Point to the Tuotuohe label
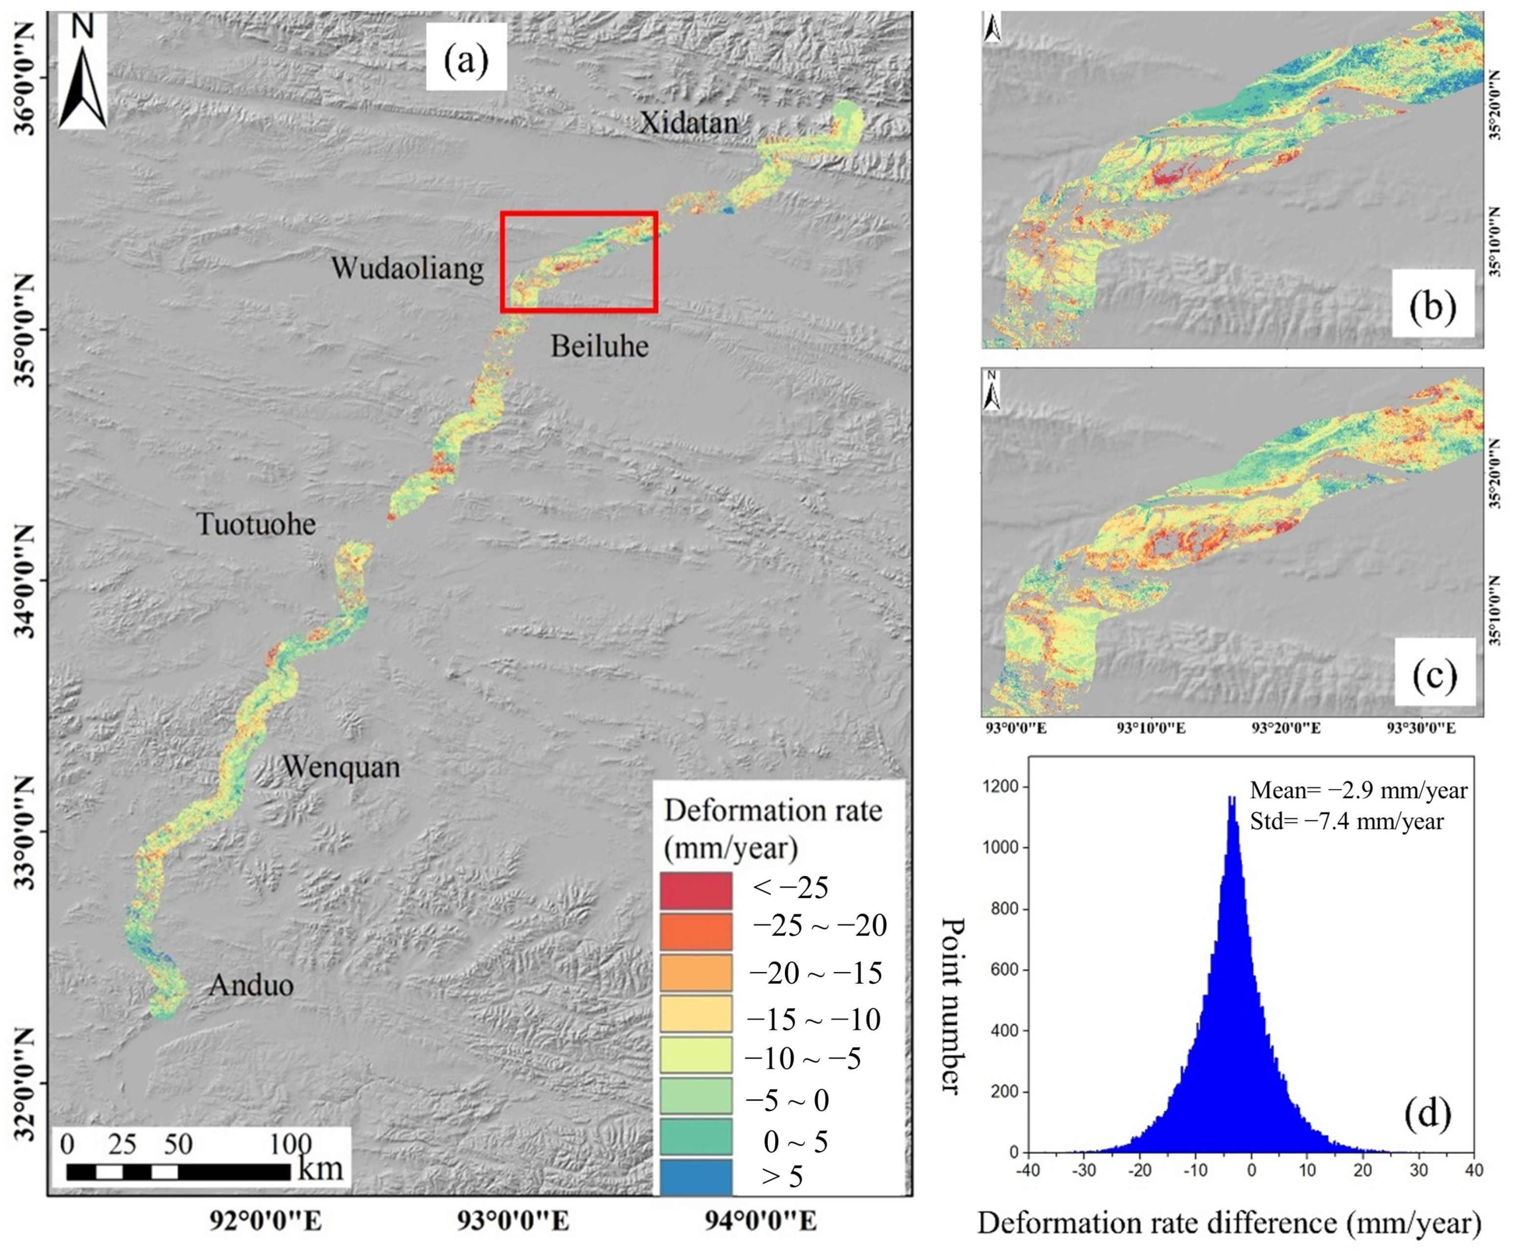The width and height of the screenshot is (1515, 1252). click(256, 524)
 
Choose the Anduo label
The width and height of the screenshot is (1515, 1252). click(251, 985)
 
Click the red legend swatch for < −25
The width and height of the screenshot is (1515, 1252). click(695, 891)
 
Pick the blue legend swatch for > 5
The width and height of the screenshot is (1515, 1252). click(695, 1177)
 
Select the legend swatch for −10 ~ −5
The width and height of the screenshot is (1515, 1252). click(695, 1055)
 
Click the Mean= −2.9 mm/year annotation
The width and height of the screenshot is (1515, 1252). click(1358, 790)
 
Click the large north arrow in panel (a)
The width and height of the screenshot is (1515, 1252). click(82, 76)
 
